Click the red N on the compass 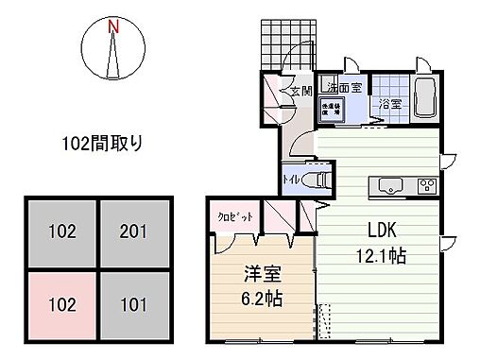[113, 26]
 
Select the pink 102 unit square [60, 305]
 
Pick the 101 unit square [134, 305]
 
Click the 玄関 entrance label [300, 92]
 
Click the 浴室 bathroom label [389, 104]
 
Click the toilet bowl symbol [321, 178]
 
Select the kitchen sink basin [389, 185]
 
